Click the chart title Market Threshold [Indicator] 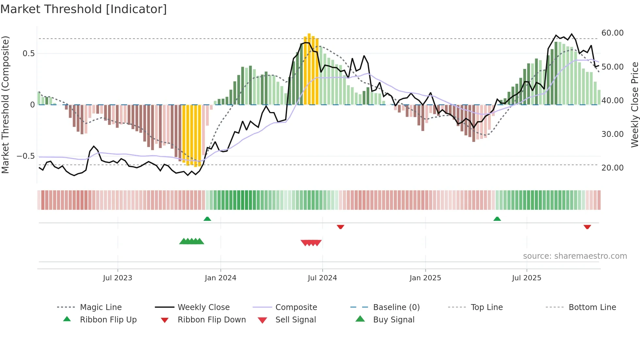84,9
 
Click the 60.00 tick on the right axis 612,33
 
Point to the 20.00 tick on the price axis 612,168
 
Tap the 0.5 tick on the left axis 28,54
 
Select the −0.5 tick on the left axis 26,156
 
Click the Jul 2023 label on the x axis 118,278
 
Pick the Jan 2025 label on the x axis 425,278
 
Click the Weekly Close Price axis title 634,105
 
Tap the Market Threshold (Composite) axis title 5,105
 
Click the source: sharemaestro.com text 575,256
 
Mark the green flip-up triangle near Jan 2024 207,219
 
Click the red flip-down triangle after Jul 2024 341,227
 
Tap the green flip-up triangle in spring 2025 497,219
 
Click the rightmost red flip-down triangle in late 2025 587,227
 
